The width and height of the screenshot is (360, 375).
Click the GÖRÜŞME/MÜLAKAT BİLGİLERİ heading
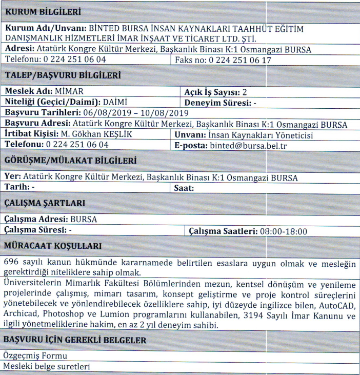pyautogui.click(x=69, y=161)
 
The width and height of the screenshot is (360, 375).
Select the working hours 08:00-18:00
pyautogui.click(x=284, y=231)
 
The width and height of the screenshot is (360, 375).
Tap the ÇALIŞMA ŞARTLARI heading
pyautogui.click(x=45, y=204)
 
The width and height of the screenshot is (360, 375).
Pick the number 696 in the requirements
pyautogui.click(x=11, y=262)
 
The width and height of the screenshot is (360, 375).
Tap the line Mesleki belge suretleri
pyautogui.click(x=46, y=367)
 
